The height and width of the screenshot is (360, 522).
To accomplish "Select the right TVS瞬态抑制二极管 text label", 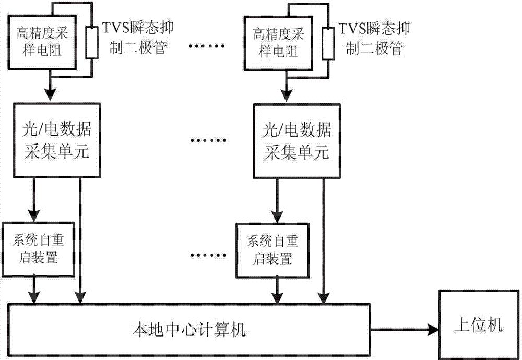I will (x=372, y=38).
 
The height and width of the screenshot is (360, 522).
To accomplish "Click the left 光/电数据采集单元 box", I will (x=52, y=140).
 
